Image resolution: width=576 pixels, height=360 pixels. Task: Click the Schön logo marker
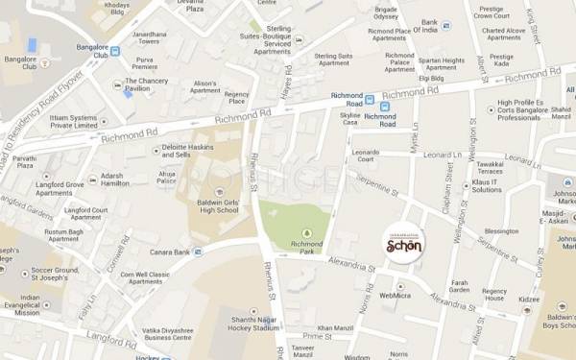pyautogui.click(x=403, y=245)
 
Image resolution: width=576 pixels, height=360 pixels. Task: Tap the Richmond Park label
pyautogui.click(x=306, y=246)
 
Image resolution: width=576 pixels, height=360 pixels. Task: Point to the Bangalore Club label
pyautogui.click(x=20, y=63)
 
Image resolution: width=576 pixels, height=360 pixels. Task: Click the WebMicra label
pyautogui.click(x=396, y=296)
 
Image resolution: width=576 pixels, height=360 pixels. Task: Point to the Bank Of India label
pyautogui.click(x=424, y=26)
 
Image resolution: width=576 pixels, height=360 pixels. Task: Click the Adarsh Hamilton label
pyautogui.click(x=114, y=180)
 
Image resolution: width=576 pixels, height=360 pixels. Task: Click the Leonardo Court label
pyautogui.click(x=367, y=156)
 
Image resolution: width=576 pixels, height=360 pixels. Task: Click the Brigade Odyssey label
pyautogui.click(x=385, y=12)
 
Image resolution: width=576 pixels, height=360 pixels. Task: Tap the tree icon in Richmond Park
pyautogui.click(x=306, y=232)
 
